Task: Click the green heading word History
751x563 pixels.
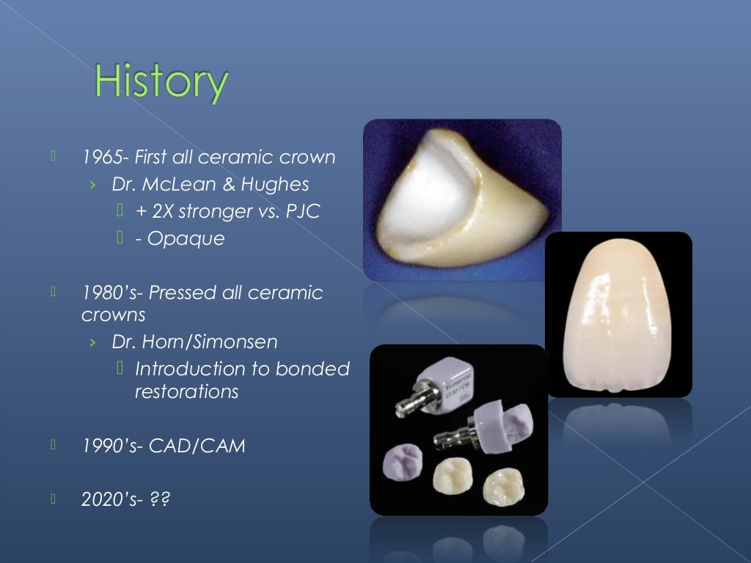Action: [x=161, y=82]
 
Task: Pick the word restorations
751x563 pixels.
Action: [x=186, y=391]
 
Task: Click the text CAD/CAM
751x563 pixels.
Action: [x=197, y=446]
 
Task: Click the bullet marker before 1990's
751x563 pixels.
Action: [x=53, y=444]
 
